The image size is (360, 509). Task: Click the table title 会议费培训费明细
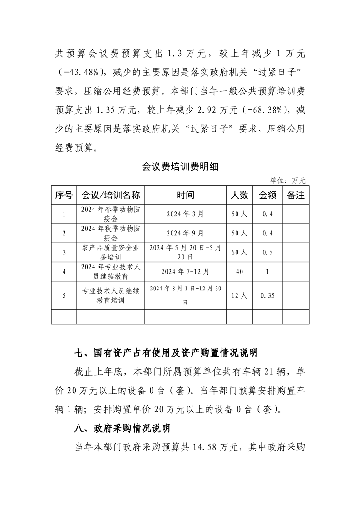[x=180, y=166]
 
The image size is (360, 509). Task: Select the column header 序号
[x=64, y=195]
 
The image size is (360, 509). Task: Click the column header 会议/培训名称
[x=110, y=195]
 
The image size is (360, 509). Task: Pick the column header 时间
[x=185, y=195]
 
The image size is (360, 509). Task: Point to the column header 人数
[x=239, y=195]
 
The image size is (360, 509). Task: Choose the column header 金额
[x=267, y=195]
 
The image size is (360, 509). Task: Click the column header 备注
[x=296, y=195]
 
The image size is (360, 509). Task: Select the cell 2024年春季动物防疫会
[x=110, y=214]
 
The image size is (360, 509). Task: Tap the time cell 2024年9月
[x=185, y=233]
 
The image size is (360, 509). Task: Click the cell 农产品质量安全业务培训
[x=110, y=252]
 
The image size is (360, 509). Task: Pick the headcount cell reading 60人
[x=239, y=252]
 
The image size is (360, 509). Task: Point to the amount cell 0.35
[x=267, y=295]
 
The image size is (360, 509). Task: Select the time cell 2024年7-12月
[x=185, y=271]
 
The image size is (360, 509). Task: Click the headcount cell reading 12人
[x=239, y=295]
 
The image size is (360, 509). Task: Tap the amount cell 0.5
[x=267, y=252]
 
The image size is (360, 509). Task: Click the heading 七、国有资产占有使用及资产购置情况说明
[x=166, y=352]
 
